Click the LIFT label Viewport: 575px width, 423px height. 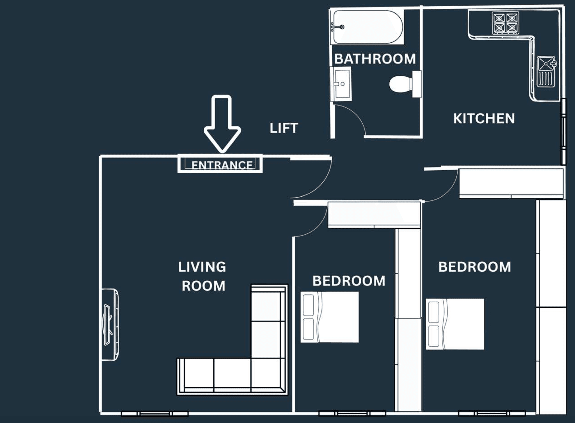tap(284, 128)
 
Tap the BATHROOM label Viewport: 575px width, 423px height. tap(375, 59)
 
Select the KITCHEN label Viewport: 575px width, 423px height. tap(484, 119)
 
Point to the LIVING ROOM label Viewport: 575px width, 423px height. tap(202, 276)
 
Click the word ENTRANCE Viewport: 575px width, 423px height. tap(222, 165)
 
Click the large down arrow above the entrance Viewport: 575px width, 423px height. tap(222, 124)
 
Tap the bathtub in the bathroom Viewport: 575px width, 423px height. tap(367, 27)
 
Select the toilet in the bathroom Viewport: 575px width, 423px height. tap(405, 84)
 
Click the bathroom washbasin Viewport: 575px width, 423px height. tap(341, 84)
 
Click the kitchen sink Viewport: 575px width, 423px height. tap(546, 72)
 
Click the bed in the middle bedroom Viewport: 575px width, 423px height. tap(330, 317)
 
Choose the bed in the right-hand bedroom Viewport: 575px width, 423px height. tap(455, 324)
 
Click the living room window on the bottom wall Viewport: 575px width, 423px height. tap(155, 414)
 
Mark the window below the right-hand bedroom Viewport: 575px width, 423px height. tap(492, 414)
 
